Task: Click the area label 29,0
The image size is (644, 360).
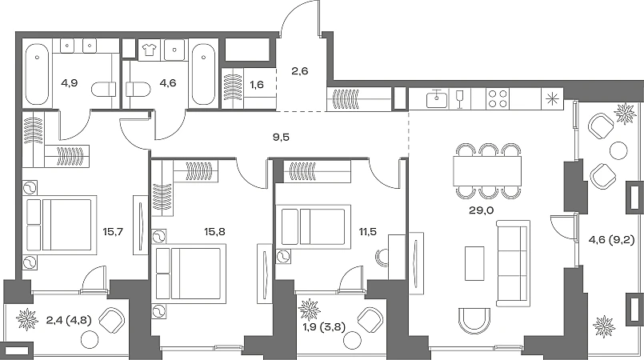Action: pyautogui.click(x=482, y=210)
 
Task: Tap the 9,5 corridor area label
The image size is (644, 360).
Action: pyautogui.click(x=281, y=137)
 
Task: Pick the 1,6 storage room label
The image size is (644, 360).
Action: pyautogui.click(x=257, y=85)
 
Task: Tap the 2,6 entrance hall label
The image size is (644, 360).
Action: pyautogui.click(x=300, y=71)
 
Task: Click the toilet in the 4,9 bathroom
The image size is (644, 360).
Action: pyautogui.click(x=104, y=89)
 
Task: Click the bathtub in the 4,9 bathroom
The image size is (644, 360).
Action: pyautogui.click(x=37, y=74)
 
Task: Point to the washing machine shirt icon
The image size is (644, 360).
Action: pyautogui.click(x=149, y=50)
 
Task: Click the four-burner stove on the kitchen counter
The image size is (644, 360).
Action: pyautogui.click(x=498, y=99)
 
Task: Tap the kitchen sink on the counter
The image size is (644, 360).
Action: pyautogui.click(x=437, y=99)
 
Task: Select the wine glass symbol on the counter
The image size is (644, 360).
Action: pyautogui.click(x=459, y=99)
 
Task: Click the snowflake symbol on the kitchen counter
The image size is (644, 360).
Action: pyautogui.click(x=551, y=99)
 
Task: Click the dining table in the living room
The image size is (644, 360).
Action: pyautogui.click(x=487, y=170)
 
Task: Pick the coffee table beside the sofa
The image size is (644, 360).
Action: pyautogui.click(x=474, y=263)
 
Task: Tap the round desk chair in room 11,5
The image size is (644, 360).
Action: pyautogui.click(x=381, y=258)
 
